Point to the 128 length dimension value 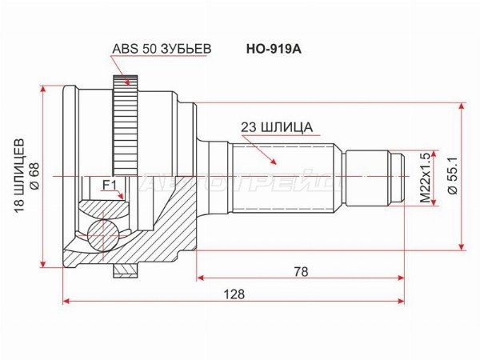point(234,294)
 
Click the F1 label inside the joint point(109,186)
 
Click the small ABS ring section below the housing point(124,270)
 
